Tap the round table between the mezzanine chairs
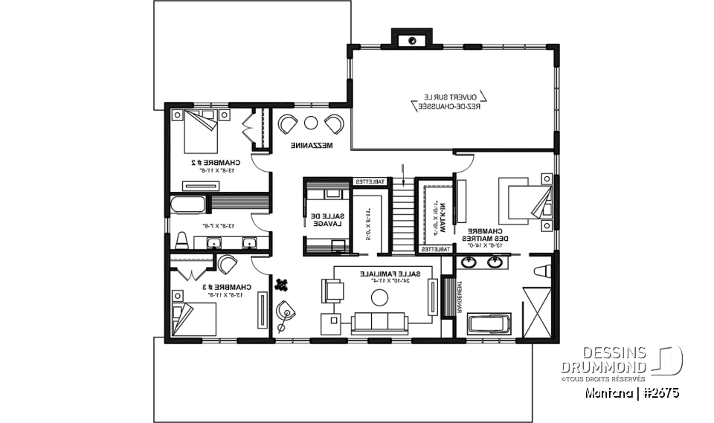(311, 123)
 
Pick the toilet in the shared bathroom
(181, 240)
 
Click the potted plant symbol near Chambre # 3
(282, 283)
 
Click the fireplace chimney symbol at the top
(411, 39)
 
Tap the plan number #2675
(657, 392)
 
